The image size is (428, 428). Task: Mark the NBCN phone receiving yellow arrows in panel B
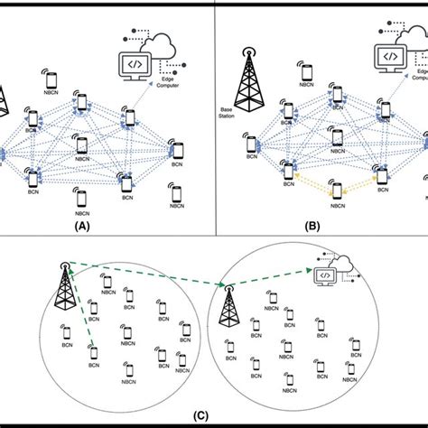click(337, 191)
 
